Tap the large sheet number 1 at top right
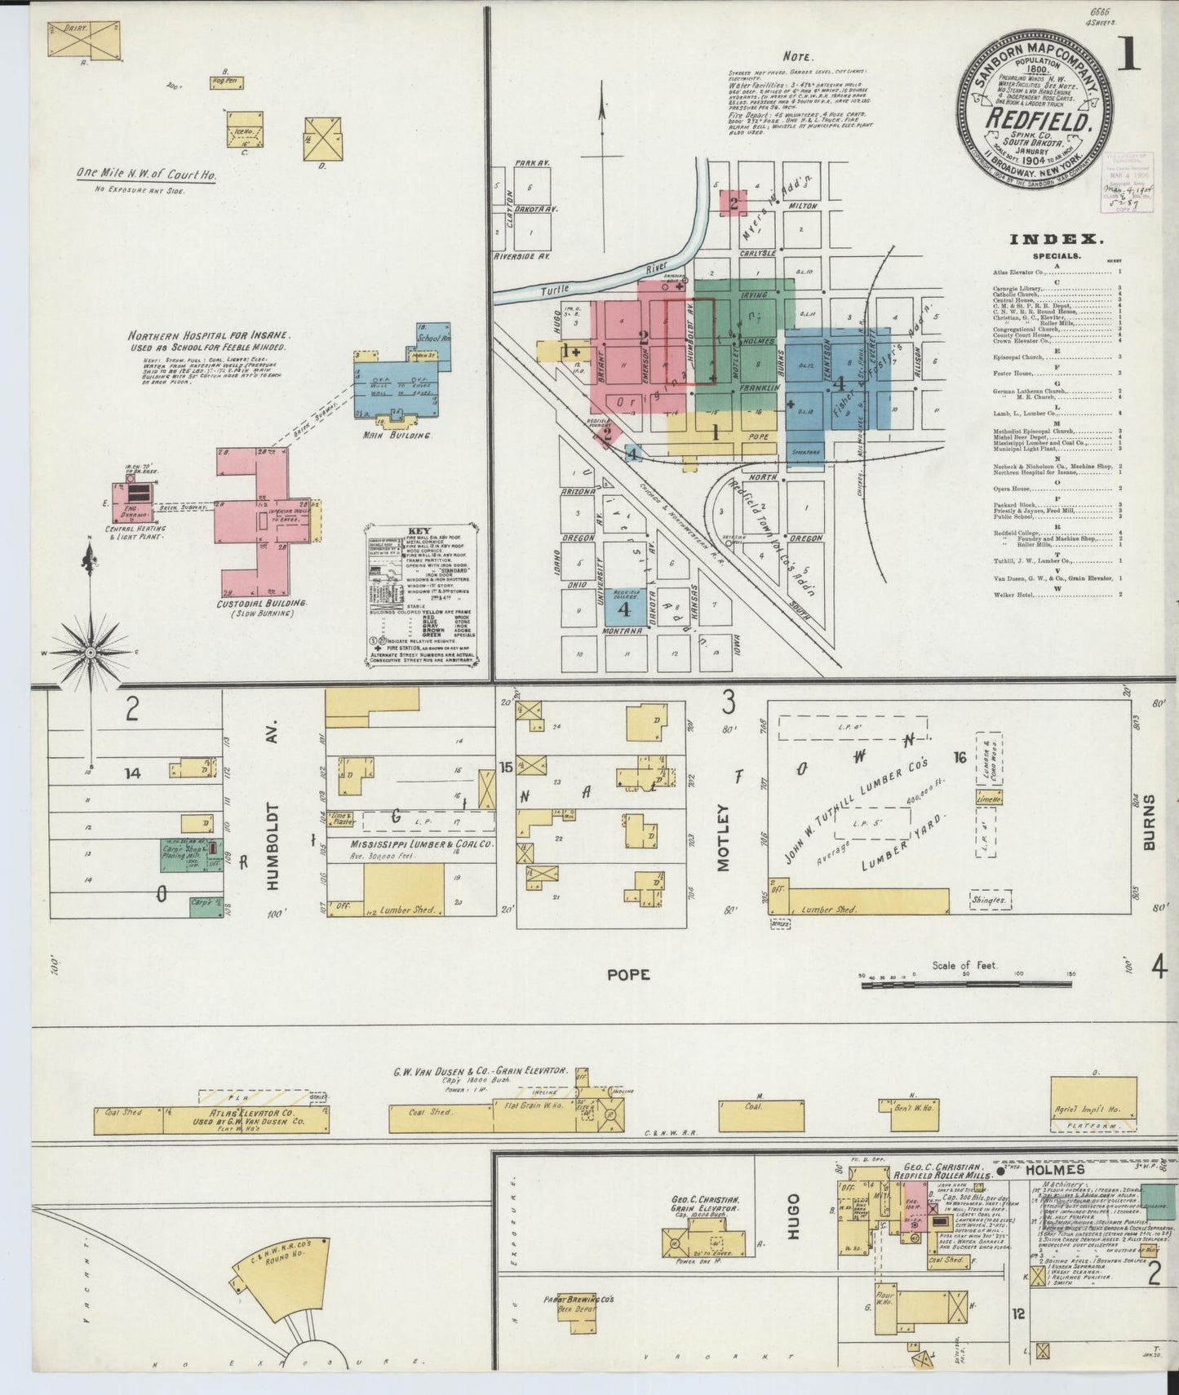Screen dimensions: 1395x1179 1128,55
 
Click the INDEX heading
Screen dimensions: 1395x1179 1056,239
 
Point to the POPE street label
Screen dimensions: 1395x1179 628,975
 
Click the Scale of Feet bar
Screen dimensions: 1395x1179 967,985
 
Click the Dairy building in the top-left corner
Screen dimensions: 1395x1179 83,39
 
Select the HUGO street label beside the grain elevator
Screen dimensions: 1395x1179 793,1216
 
